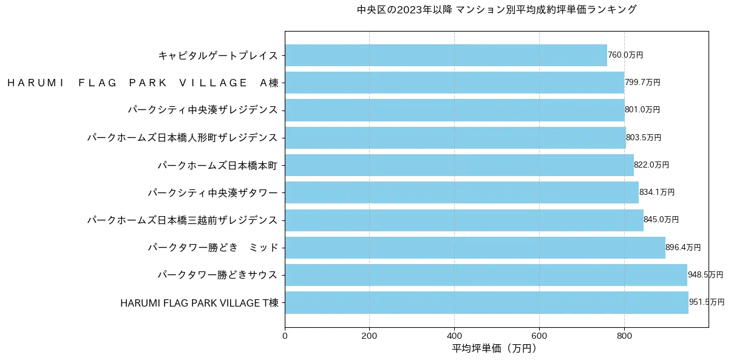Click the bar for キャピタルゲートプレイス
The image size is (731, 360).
click(x=446, y=55)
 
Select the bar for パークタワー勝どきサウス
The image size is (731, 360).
click(x=486, y=275)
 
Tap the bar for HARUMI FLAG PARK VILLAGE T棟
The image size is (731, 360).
click(x=486, y=302)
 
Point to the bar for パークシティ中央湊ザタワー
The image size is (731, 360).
click(x=461, y=192)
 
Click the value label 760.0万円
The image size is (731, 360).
click(x=625, y=55)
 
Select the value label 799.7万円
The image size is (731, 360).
click(x=642, y=83)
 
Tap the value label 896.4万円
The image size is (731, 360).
click(x=683, y=248)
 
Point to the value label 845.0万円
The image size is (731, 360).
click(x=661, y=220)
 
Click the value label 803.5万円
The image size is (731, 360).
click(x=644, y=138)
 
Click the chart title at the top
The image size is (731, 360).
click(x=497, y=10)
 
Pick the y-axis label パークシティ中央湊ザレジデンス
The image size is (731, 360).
click(x=203, y=110)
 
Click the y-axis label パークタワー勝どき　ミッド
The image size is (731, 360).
click(x=213, y=248)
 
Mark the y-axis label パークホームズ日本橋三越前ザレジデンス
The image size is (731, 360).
click(x=182, y=220)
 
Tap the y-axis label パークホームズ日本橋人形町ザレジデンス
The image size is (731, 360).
click(x=182, y=138)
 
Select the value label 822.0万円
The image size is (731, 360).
click(x=651, y=165)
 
